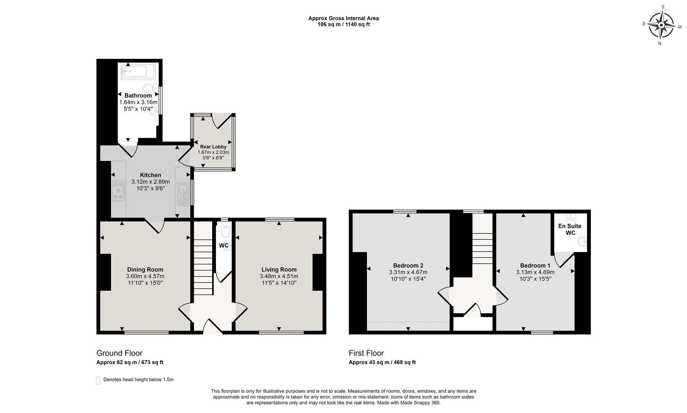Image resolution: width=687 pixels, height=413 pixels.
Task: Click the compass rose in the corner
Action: tap(661, 25)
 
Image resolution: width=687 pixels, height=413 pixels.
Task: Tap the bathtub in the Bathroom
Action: tap(138, 72)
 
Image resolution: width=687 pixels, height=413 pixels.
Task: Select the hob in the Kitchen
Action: tap(119, 190)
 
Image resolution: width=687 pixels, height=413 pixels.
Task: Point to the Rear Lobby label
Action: tap(213, 146)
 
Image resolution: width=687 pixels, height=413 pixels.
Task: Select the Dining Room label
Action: tap(145, 270)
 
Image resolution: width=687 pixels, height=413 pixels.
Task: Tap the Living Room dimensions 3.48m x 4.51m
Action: tap(279, 276)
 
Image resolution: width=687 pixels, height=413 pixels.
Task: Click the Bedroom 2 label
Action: tap(408, 265)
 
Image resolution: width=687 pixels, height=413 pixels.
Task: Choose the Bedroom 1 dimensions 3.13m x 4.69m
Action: tap(535, 272)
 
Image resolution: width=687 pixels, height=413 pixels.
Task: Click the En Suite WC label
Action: tap(570, 229)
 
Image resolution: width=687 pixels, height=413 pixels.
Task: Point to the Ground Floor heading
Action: tap(119, 353)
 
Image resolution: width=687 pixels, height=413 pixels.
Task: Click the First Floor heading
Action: tap(366, 353)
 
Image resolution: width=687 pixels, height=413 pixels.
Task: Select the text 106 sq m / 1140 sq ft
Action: tap(343, 24)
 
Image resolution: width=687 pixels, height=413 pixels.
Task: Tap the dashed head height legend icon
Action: tap(98, 380)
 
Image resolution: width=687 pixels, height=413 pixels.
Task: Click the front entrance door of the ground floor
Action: tap(213, 327)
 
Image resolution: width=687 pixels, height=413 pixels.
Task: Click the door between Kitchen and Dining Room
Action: tap(155, 226)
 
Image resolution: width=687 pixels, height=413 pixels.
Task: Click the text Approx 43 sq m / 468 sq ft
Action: tap(382, 362)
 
